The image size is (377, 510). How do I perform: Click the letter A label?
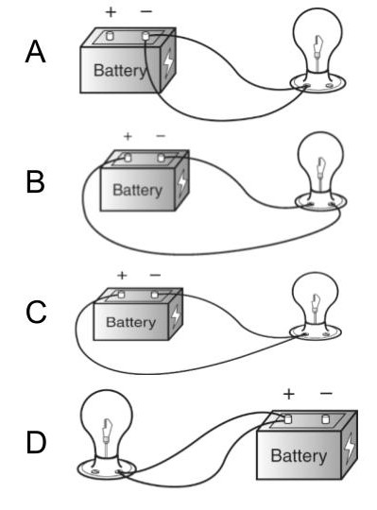35,51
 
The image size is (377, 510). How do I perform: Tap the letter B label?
35,182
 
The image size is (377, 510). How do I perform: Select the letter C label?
36,312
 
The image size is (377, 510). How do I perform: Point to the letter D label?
36,442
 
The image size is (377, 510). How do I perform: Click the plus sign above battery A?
111,12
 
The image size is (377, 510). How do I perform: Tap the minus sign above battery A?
146,11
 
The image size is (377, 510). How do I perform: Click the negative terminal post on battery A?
146,36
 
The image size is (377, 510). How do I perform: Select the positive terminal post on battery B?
128,158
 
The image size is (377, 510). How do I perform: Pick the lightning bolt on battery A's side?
168,63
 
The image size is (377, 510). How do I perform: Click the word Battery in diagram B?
137,190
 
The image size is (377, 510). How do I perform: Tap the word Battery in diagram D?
299,456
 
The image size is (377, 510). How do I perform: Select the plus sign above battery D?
289,394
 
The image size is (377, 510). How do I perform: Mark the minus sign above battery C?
155,276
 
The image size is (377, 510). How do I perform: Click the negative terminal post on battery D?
325,419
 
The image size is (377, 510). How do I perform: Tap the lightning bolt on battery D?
350,449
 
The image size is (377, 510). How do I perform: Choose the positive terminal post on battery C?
121,295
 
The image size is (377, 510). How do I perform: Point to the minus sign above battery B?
161,136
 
